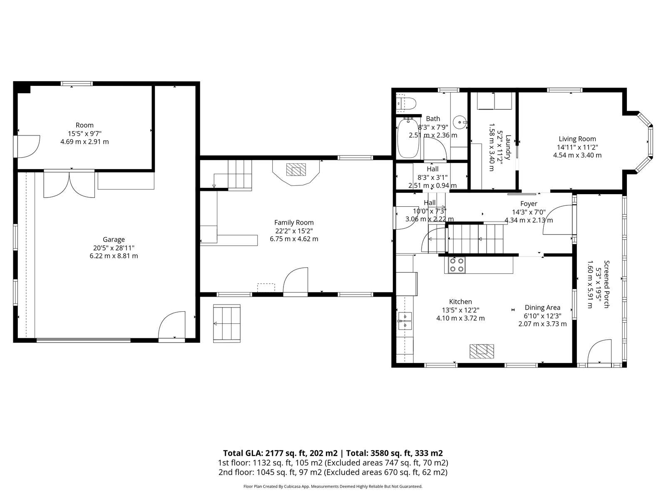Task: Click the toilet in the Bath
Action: pos(406,103)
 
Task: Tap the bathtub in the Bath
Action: pos(408,138)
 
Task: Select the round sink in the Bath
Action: pos(460,122)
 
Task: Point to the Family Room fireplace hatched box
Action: pos(296,170)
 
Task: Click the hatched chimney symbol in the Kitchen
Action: pos(482,351)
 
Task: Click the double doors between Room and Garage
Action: pos(69,184)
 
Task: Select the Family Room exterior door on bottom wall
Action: pos(295,281)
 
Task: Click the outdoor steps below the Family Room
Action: pos(227,323)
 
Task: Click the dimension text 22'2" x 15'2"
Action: pos(294,231)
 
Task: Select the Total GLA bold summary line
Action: pos(333,453)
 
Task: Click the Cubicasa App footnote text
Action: pos(333,486)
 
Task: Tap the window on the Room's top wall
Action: pos(77,83)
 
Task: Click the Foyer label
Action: pos(529,204)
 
